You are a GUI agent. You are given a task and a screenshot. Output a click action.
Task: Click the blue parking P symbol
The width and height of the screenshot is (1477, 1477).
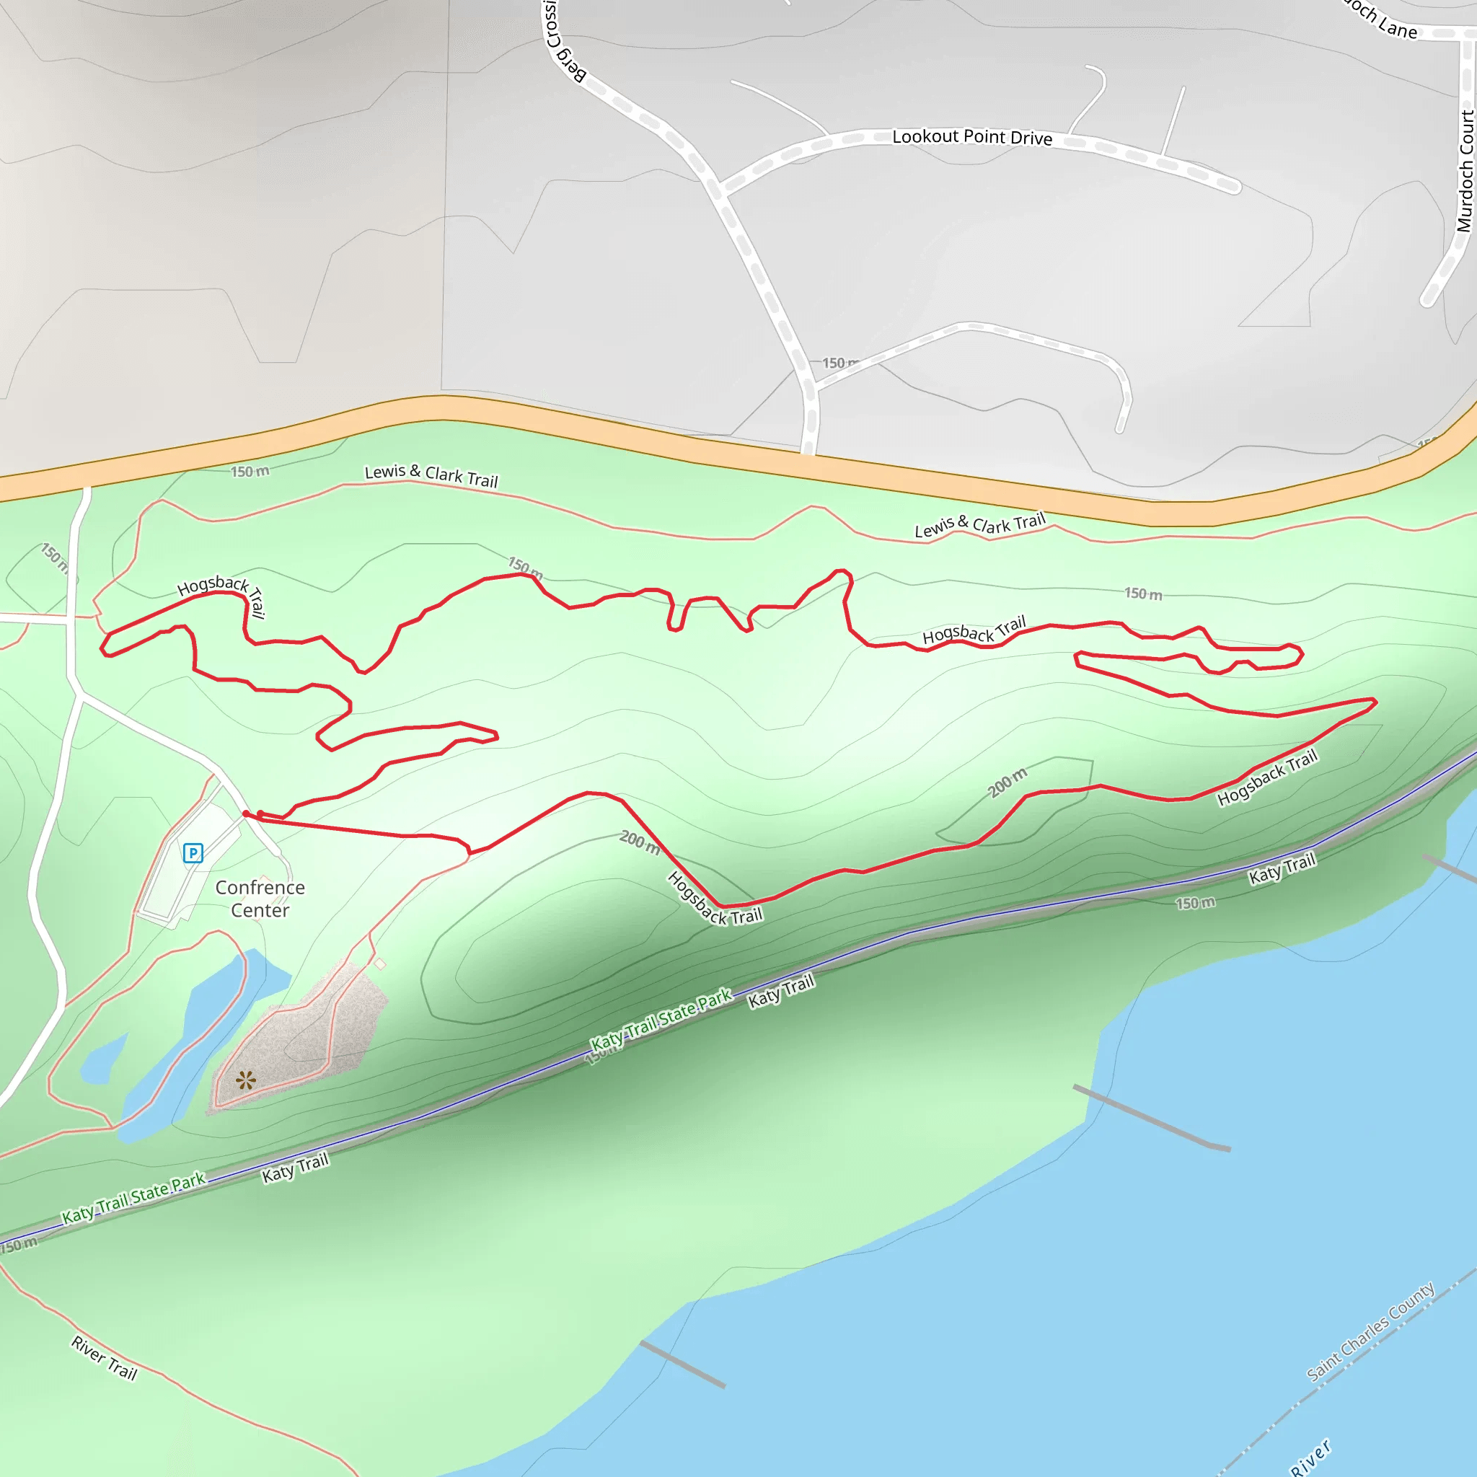click(x=193, y=852)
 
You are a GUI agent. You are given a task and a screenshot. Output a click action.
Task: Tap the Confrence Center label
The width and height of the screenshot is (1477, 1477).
click(x=260, y=899)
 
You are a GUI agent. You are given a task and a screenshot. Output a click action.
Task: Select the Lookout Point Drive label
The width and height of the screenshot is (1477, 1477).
click(x=971, y=137)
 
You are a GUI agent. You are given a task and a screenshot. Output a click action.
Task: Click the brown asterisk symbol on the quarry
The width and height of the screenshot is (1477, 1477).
click(x=245, y=1080)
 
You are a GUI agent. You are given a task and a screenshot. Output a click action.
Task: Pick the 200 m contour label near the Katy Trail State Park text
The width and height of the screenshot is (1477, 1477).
click(x=639, y=842)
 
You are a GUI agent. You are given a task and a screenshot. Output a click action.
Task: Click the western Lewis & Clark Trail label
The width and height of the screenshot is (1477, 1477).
click(x=431, y=475)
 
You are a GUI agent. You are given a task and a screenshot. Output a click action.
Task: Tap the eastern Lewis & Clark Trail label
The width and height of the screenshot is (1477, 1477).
click(x=979, y=525)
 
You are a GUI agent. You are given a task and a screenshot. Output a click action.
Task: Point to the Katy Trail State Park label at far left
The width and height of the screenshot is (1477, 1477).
click(x=134, y=1197)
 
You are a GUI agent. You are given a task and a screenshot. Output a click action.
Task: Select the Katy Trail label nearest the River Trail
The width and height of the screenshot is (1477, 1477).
click(x=295, y=1168)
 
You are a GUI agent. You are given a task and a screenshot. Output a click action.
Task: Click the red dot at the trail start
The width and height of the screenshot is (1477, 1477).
click(x=246, y=814)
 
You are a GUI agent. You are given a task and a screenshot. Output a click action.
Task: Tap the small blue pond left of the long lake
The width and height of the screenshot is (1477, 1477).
click(x=103, y=1061)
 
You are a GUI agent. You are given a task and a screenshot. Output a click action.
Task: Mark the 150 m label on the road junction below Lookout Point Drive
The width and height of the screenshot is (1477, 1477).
click(x=839, y=363)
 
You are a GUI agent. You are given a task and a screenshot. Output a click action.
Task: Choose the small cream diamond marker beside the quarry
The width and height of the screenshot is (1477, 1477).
click(x=380, y=964)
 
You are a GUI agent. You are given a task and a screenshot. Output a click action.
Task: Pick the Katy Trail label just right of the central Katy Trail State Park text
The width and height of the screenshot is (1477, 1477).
click(x=780, y=991)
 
